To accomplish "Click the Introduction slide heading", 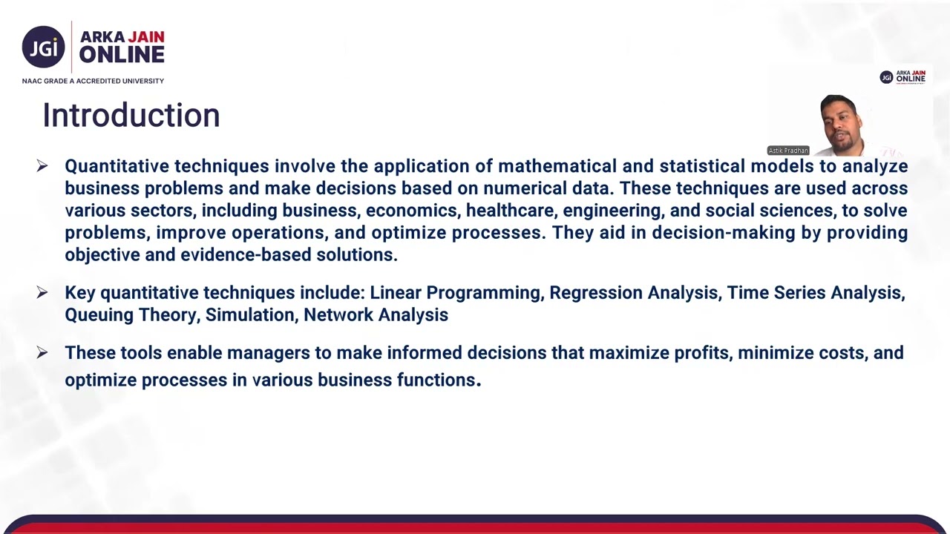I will [x=131, y=116].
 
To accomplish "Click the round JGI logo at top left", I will [x=43, y=47].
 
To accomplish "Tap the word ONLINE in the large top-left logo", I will [x=122, y=55].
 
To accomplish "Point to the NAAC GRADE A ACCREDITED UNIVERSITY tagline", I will [x=93, y=81].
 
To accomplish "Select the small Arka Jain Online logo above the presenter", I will [x=902, y=77].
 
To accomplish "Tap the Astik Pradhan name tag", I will [x=788, y=151].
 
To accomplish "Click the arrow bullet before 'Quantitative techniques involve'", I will [x=42, y=166].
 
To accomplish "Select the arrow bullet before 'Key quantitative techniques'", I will [x=42, y=293].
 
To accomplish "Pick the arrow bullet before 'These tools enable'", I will [x=42, y=353].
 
